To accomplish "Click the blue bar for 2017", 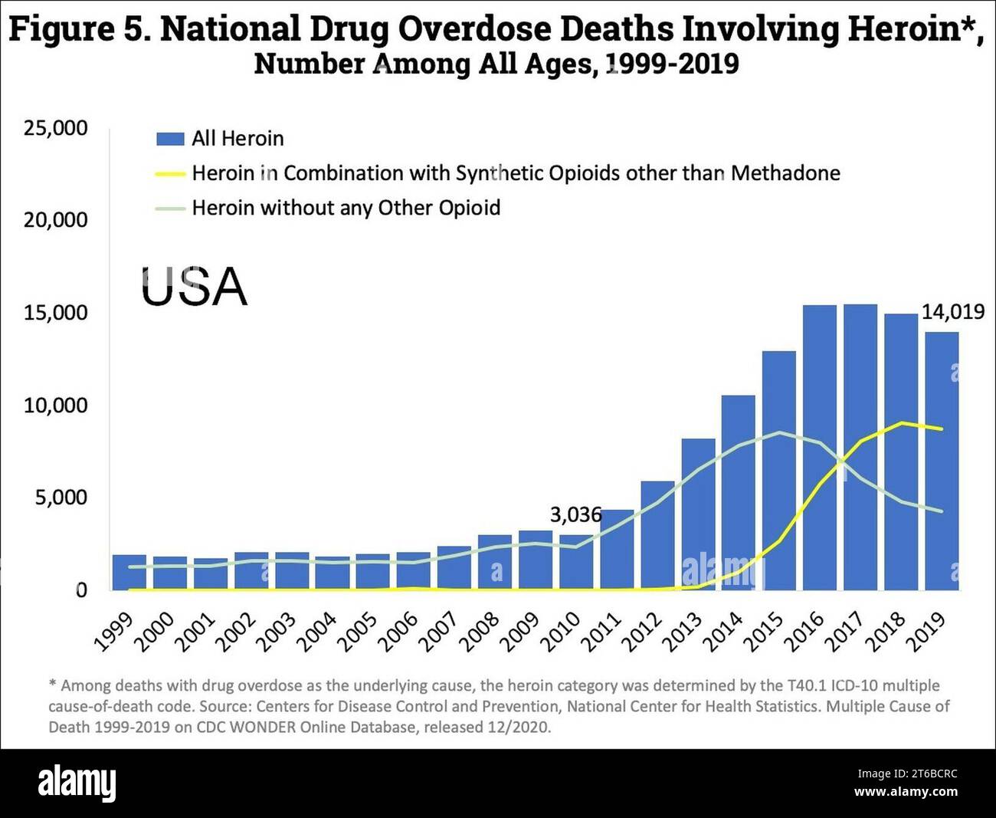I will click(860, 448).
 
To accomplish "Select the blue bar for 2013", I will click(698, 514).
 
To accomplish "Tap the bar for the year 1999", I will click(129, 572).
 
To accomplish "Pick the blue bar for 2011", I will click(617, 550).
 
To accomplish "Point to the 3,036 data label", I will click(575, 514).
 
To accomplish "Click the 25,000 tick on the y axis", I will click(56, 128).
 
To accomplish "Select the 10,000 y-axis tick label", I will click(56, 405).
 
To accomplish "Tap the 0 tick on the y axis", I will click(80, 590).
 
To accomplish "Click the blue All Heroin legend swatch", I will click(170, 139).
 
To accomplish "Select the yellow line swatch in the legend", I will click(170, 174).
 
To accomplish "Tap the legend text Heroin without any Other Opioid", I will click(346, 208).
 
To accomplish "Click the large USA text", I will click(194, 287).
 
